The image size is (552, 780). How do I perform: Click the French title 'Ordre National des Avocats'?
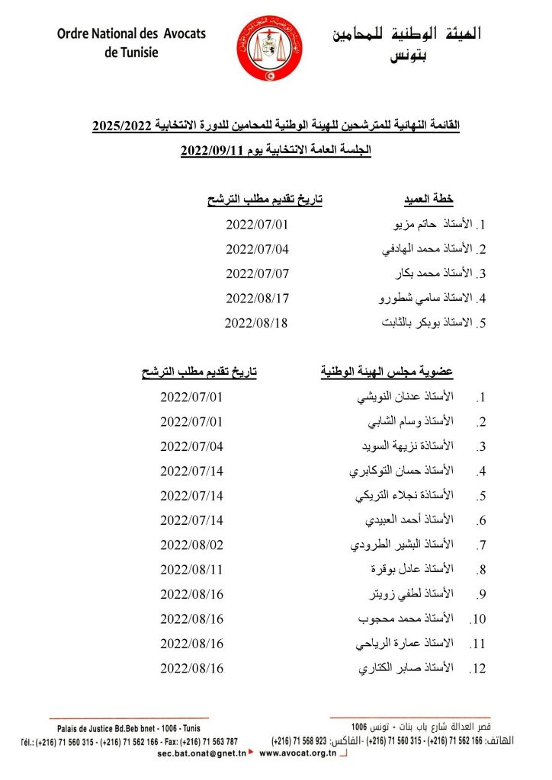[x=130, y=34]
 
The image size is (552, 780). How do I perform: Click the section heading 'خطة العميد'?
[x=428, y=200]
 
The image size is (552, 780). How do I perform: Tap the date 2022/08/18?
[x=256, y=322]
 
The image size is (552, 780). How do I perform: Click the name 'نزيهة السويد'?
[x=388, y=446]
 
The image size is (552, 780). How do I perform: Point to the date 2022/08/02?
[x=192, y=545]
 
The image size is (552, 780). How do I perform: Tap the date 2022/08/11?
[x=192, y=570]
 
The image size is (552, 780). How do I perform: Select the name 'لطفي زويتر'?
[x=393, y=595]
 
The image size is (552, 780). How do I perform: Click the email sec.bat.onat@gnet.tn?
[x=201, y=753]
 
